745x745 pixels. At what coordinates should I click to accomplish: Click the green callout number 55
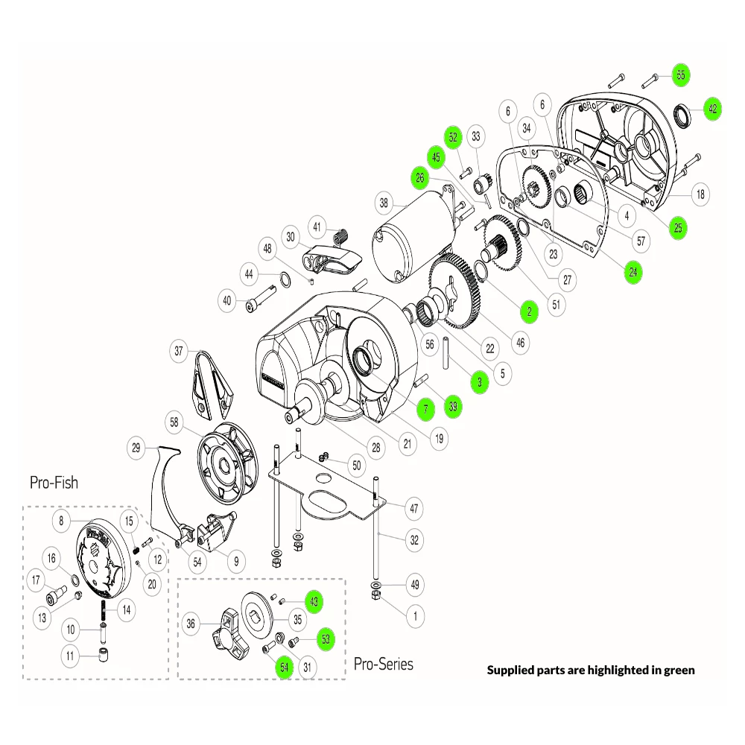point(679,74)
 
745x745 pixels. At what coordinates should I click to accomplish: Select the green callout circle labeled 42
point(712,109)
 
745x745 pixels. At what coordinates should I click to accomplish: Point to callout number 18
point(700,194)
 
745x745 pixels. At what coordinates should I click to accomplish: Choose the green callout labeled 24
point(633,272)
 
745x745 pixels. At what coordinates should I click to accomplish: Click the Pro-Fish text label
point(54,482)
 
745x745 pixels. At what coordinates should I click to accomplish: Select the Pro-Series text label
point(383,663)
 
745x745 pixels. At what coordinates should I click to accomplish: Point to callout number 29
point(136,448)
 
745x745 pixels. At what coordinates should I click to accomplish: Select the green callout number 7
point(425,408)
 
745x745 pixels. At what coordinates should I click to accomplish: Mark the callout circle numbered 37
point(178,350)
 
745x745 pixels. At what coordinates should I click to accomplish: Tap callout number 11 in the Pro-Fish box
point(71,657)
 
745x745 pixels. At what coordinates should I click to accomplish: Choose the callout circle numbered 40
point(227,301)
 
